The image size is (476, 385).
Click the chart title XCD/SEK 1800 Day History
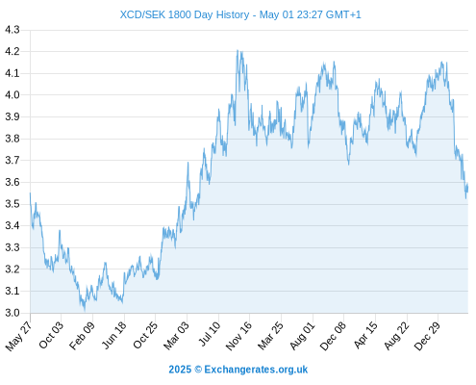(185, 14)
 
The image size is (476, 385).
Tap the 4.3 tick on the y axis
(13, 30)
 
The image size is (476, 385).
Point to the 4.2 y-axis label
(13, 51)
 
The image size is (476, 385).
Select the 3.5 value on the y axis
(13, 204)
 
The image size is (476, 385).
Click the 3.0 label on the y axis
(13, 313)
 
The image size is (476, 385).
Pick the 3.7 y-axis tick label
(13, 160)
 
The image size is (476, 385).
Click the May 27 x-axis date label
(19, 336)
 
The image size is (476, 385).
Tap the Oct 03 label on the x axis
(51, 335)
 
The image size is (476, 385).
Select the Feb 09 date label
(83, 336)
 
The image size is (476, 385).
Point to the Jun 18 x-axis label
(114, 335)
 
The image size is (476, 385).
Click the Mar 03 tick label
(177, 336)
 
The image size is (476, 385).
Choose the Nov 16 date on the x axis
(238, 336)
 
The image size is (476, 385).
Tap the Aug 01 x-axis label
(302, 336)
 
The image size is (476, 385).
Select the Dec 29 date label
(427, 336)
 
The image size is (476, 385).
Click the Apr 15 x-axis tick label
(365, 335)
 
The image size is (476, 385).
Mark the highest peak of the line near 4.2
(238, 50)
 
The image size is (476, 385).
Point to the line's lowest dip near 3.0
(85, 311)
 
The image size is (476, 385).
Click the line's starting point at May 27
(31, 192)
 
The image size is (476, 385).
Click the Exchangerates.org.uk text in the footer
(256, 370)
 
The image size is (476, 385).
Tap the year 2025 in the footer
(180, 370)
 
